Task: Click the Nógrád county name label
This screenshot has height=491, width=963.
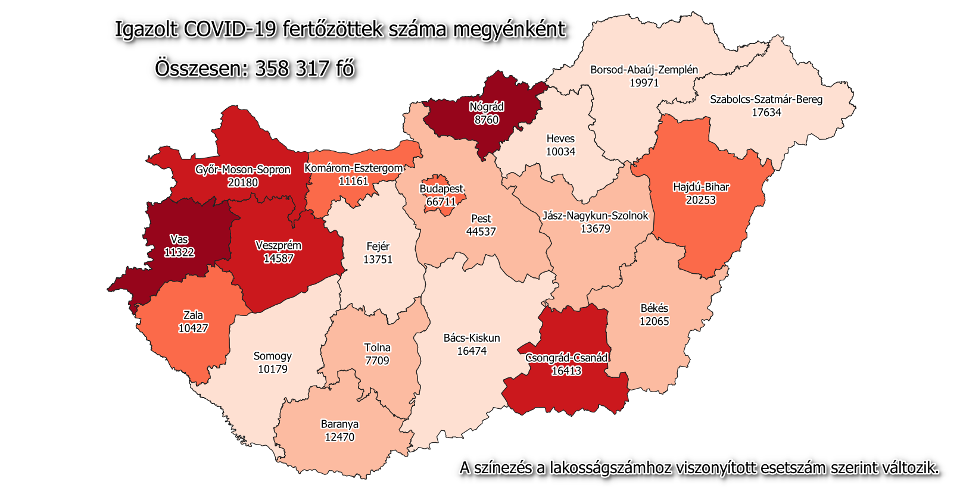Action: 487,107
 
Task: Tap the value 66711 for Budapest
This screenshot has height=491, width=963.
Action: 441,202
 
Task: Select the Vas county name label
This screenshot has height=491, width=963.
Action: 179,239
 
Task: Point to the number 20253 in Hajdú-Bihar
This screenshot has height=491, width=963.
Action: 700,200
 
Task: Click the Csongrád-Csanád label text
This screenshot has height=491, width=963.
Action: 566,358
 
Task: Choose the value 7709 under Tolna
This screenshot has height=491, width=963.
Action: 377,361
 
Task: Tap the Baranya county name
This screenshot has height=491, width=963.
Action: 339,424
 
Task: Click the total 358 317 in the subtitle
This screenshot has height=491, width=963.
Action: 292,68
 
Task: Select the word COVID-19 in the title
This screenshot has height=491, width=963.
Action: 230,29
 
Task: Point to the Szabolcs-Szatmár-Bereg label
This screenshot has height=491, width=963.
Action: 766,99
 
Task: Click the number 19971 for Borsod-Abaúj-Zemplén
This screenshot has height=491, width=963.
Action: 644,83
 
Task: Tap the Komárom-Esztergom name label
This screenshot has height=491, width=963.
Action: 354,168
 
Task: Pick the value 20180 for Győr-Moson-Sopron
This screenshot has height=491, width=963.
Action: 242,182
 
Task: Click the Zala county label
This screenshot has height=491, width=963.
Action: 193,315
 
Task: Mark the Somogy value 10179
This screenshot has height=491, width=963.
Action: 273,369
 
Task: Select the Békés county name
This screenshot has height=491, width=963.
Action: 654,308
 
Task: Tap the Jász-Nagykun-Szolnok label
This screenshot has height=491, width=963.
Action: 595,215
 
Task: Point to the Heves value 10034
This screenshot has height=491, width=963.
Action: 560,152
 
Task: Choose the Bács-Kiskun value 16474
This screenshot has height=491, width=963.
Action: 472,351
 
